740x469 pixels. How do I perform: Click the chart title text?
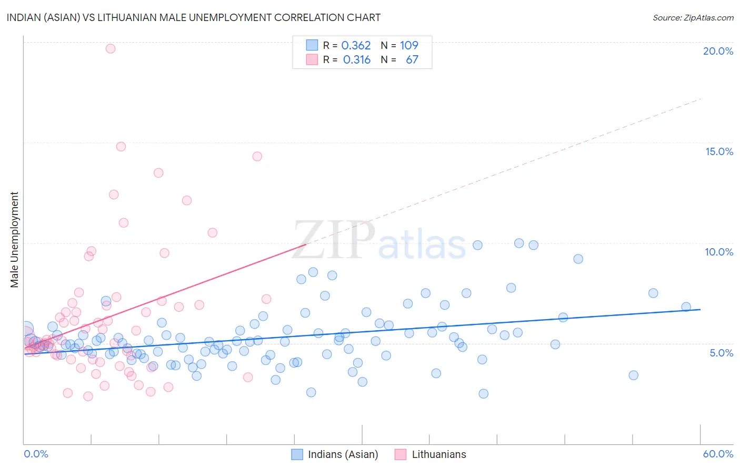194,17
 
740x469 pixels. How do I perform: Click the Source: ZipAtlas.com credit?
693,17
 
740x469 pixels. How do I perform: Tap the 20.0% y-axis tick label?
718,51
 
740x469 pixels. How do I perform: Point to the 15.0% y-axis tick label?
719,151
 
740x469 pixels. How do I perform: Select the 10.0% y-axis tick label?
719,252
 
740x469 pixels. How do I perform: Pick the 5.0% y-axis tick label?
721,353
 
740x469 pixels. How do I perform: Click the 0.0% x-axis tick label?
36,454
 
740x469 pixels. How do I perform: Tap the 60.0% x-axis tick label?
718,454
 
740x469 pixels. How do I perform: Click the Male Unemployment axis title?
14,239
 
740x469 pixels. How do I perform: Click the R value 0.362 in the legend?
356,45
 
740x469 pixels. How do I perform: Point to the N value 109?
409,45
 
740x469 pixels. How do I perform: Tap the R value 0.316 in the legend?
357,59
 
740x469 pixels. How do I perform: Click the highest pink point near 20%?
111,48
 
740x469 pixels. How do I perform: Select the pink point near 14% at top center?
257,156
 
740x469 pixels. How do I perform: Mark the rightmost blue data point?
686,307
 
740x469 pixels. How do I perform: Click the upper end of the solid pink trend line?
306,244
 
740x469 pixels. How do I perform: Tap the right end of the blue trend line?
700,309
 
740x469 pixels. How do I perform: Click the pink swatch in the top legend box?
312,59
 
